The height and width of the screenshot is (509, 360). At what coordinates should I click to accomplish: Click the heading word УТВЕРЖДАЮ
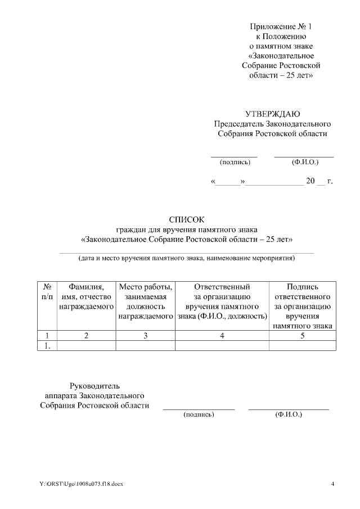[x=272, y=114]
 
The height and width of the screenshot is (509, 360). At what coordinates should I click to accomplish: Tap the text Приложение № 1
[x=280, y=26]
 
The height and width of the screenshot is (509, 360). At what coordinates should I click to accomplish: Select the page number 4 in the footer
[x=332, y=484]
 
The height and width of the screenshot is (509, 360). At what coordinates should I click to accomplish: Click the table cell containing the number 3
[x=146, y=336]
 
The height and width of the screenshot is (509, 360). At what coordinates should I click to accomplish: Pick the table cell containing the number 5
[x=302, y=336]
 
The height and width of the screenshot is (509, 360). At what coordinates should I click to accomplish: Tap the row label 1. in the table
[x=48, y=346]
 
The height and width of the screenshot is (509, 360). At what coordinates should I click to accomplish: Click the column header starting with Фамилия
[x=87, y=297]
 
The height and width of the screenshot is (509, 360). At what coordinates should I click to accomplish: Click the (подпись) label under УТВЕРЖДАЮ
[x=235, y=162]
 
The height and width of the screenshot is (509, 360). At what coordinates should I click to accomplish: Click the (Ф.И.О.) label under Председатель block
[x=305, y=162]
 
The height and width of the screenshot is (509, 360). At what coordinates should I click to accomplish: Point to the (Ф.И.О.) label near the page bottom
[x=289, y=415]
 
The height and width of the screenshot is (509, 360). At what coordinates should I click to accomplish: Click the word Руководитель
[x=94, y=386]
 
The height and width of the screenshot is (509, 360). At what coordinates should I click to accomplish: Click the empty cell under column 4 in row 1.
[x=222, y=346]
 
